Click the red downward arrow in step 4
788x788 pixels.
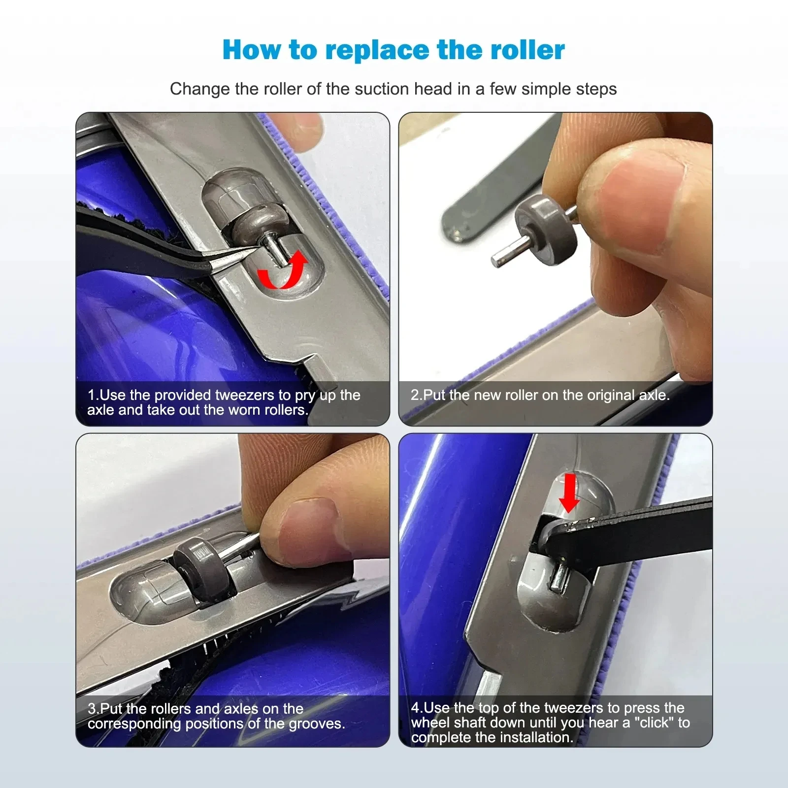[569, 493]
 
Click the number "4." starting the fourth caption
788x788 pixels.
[417, 708]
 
